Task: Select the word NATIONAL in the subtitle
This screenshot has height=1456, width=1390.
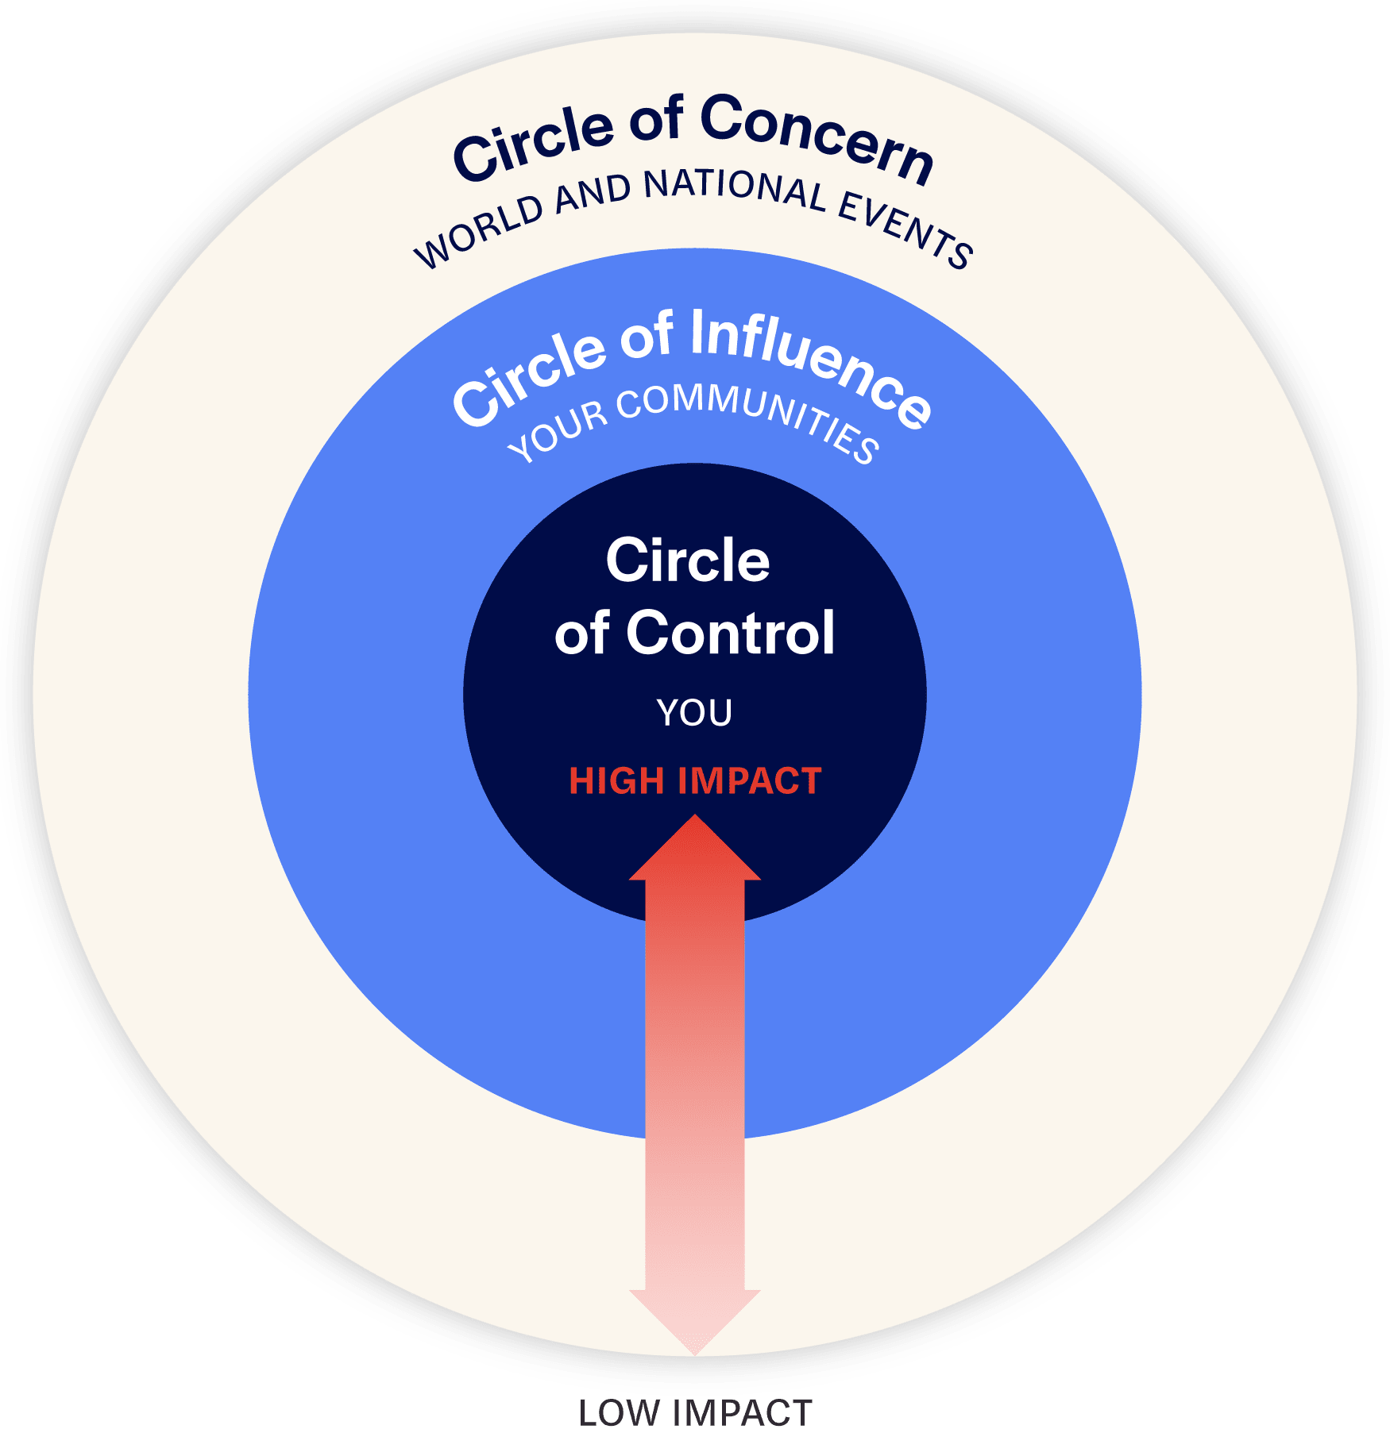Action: coord(736,191)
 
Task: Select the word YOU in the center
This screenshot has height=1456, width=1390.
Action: coord(694,713)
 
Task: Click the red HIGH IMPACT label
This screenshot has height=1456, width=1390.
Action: coord(695,781)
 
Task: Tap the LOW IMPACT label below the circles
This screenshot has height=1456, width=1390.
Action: coord(695,1414)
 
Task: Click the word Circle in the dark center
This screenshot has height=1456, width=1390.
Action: coord(688,560)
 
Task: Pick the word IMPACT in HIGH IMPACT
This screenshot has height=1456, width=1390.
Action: coord(750,781)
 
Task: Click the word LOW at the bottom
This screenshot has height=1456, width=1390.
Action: coord(620,1414)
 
